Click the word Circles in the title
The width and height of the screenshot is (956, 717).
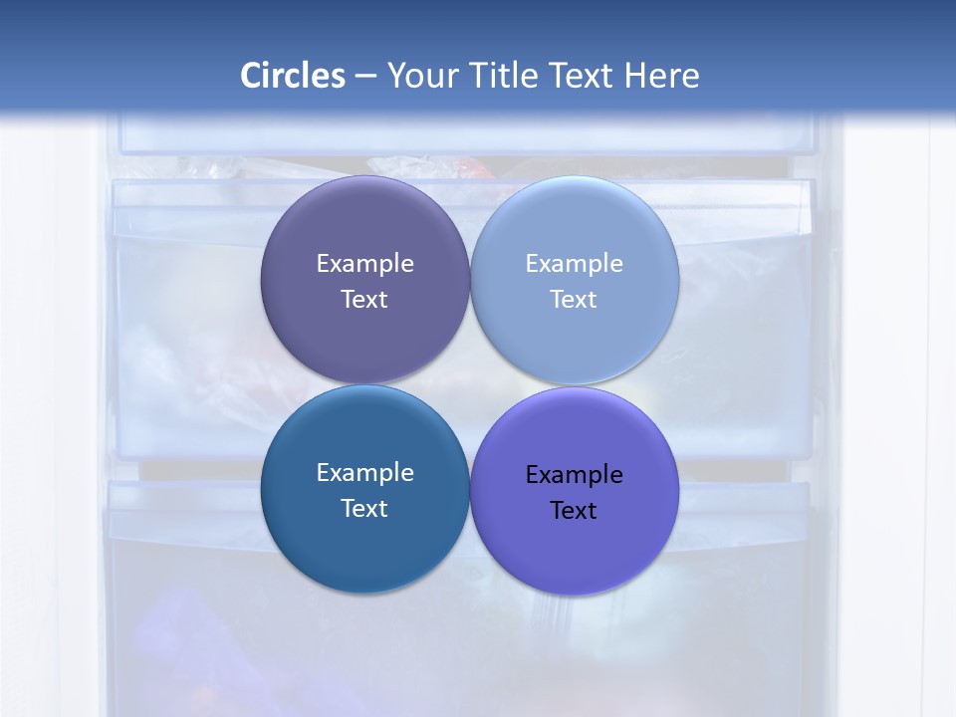click(x=292, y=76)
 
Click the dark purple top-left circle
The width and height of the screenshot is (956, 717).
click(x=364, y=229)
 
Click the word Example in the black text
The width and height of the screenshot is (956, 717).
click(x=574, y=475)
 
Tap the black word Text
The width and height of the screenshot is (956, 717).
click(x=574, y=511)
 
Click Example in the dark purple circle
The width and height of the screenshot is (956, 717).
click(x=364, y=264)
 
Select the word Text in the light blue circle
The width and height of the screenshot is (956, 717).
click(x=574, y=300)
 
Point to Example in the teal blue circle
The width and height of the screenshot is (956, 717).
click(x=364, y=473)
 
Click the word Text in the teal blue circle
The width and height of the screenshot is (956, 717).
click(x=364, y=509)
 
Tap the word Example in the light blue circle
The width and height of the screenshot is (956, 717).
click(x=574, y=264)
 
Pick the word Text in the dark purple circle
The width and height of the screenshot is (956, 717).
click(x=364, y=300)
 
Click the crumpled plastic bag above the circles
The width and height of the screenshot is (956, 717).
click(x=403, y=166)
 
